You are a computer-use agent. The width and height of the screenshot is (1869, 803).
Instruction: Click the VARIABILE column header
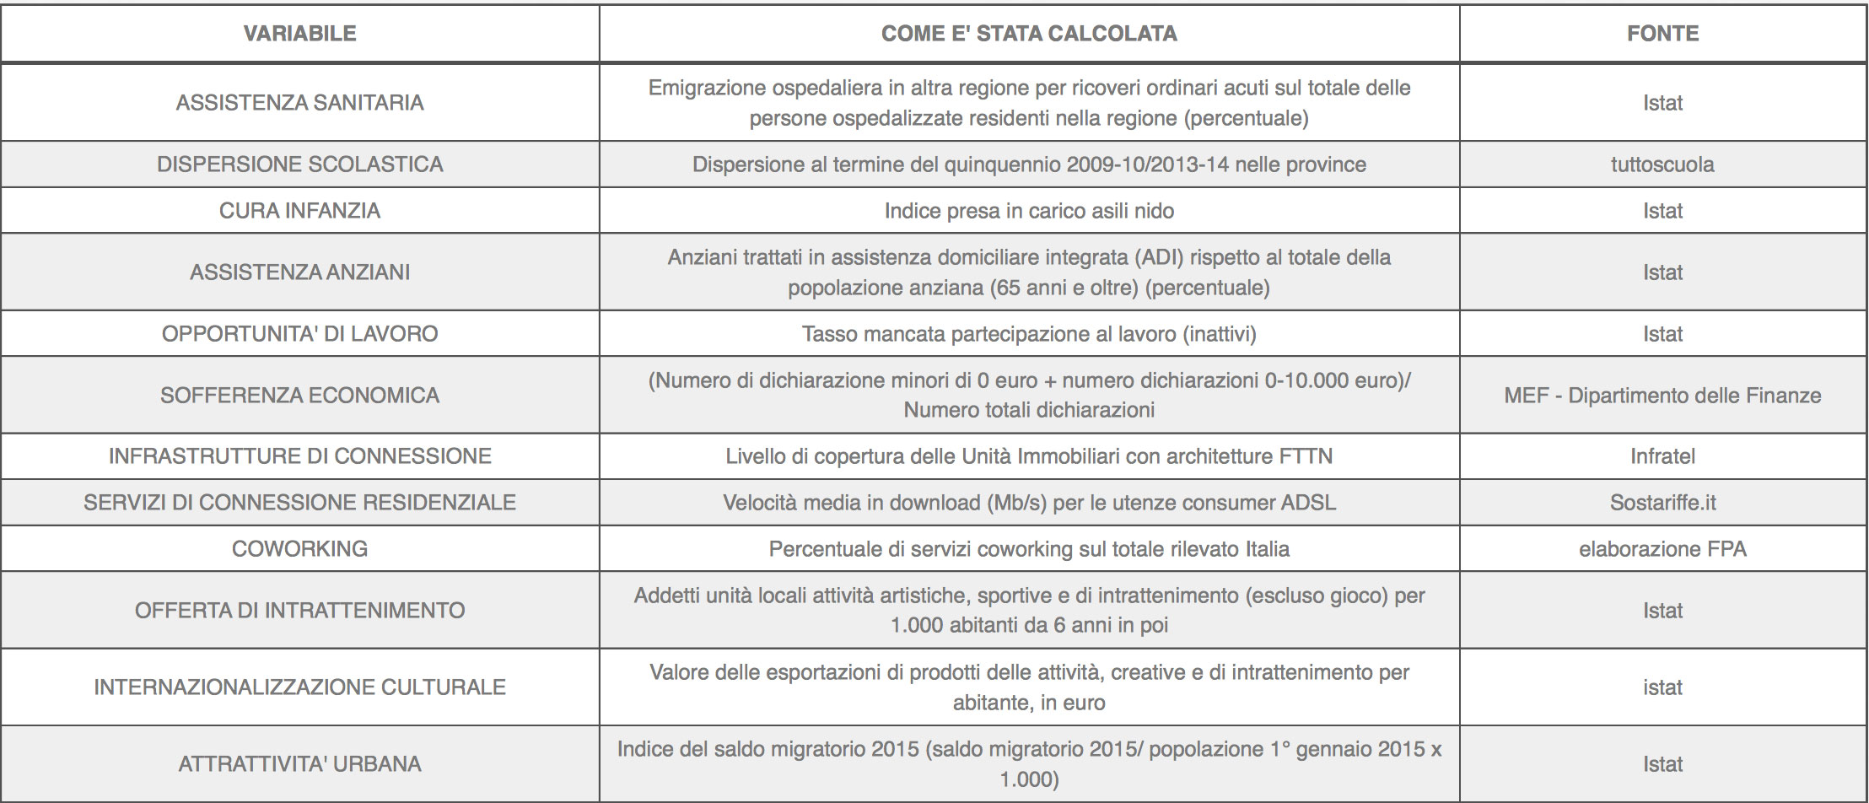[x=299, y=34]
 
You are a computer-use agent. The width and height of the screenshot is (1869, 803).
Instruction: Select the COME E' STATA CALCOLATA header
[x=1029, y=34]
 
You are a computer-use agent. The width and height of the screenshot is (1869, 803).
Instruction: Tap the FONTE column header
[x=1662, y=34]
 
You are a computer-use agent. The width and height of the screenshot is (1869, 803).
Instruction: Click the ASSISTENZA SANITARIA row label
[x=299, y=103]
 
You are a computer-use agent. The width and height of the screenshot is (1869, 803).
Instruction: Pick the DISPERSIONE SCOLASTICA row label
[x=299, y=164]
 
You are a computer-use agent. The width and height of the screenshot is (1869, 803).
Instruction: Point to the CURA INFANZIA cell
[x=299, y=211]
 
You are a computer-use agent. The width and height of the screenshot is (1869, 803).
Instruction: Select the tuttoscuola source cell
[x=1662, y=164]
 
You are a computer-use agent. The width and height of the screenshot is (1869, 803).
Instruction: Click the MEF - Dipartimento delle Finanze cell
[x=1662, y=396]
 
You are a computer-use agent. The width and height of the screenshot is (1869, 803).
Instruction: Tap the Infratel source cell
[x=1662, y=456]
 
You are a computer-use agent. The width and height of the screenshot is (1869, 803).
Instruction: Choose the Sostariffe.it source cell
[x=1662, y=503]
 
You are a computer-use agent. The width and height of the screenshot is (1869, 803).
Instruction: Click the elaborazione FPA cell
[x=1662, y=549]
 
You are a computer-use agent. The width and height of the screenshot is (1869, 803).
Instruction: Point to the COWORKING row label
[x=299, y=549]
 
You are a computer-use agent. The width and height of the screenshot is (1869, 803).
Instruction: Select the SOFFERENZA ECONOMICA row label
[x=299, y=396]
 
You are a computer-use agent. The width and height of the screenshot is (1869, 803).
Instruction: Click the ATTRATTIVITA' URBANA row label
[x=299, y=764]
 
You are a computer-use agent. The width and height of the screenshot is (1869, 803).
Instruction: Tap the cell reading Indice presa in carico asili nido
[x=1029, y=211]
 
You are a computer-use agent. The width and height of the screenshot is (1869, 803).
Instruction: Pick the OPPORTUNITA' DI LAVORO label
[x=299, y=334]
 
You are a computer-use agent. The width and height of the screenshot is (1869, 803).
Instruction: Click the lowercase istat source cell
[x=1662, y=687]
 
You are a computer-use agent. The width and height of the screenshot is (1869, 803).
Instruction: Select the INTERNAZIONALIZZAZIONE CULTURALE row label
[x=299, y=687]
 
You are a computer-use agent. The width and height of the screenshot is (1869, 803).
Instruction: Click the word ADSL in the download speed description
[x=1308, y=503]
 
